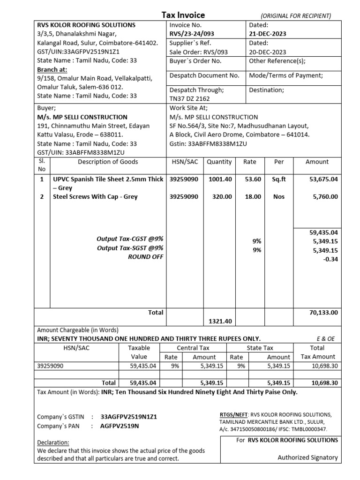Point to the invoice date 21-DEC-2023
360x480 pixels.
268,34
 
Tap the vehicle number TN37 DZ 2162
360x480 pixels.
189,98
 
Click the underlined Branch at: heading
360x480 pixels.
52,69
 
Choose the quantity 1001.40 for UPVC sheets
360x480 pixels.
219,179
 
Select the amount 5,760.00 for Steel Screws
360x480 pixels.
325,197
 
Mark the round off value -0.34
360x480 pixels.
331,259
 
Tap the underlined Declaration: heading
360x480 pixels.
53,442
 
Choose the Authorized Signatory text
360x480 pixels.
307,457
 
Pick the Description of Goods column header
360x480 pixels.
108,162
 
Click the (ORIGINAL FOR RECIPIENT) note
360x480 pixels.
296,16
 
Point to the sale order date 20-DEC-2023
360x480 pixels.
268,52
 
